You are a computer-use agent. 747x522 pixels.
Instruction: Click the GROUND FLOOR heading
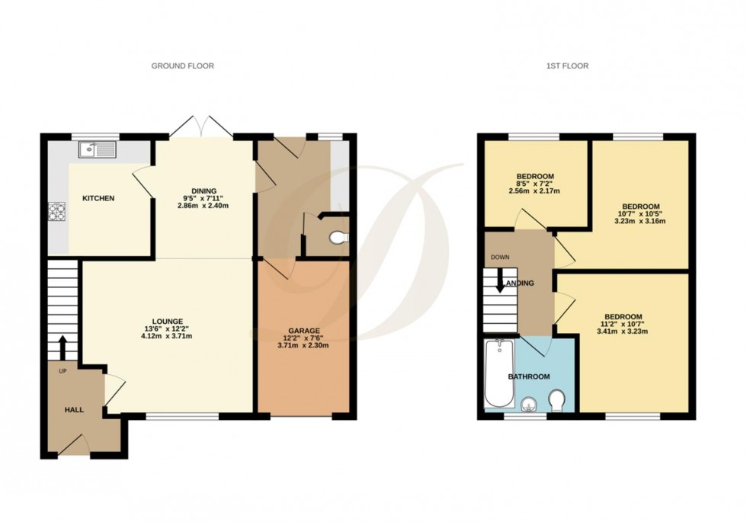click(x=182, y=66)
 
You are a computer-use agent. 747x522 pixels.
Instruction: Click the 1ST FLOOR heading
click(x=567, y=66)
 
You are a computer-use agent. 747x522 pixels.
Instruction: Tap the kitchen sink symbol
click(x=96, y=149)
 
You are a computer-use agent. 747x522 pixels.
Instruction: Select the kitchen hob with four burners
click(x=58, y=210)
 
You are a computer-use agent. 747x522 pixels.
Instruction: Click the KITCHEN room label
click(x=98, y=199)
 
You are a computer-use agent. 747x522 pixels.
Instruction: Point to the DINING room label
click(x=204, y=191)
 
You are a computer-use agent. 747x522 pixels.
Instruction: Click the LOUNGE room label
click(x=167, y=321)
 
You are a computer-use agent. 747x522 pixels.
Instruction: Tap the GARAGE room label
click(x=303, y=331)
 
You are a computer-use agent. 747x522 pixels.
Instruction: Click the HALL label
click(x=74, y=410)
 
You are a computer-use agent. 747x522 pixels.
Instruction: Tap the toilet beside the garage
click(x=336, y=239)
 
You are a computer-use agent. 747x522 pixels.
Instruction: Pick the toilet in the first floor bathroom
click(x=557, y=400)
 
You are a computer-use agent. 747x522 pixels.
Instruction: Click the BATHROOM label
click(x=529, y=376)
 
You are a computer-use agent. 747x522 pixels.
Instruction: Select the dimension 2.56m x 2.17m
click(x=534, y=191)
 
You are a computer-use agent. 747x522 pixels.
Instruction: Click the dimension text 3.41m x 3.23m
click(x=623, y=331)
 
